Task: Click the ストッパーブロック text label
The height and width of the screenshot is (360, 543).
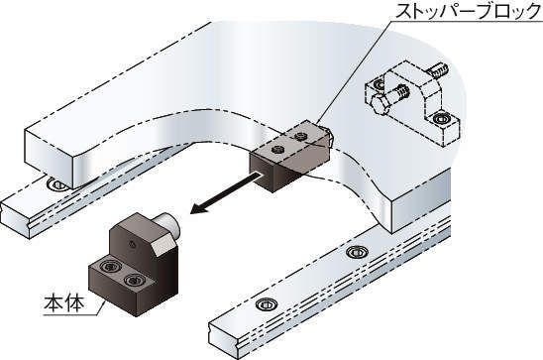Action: point(469,11)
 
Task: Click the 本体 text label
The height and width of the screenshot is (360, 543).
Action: point(64,303)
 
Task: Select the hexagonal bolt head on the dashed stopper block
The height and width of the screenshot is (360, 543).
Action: point(380,104)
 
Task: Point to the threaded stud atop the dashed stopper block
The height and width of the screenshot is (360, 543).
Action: point(438,70)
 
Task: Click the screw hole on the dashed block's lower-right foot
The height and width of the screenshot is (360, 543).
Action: point(442,118)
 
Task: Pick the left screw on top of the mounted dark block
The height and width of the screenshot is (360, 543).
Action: point(278,150)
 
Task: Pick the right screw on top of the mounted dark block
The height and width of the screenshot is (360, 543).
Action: point(301,136)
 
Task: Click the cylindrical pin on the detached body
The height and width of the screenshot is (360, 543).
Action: point(167,224)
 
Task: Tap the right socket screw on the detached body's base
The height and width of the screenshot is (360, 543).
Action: point(134,280)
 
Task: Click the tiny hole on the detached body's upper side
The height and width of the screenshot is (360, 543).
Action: point(132,244)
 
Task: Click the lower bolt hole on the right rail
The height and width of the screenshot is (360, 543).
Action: point(267,304)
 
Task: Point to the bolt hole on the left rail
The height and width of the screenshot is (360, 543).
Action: point(57,184)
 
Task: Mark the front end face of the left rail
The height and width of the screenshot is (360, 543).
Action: point(15,217)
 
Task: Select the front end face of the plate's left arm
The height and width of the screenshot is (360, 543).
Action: point(49,158)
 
